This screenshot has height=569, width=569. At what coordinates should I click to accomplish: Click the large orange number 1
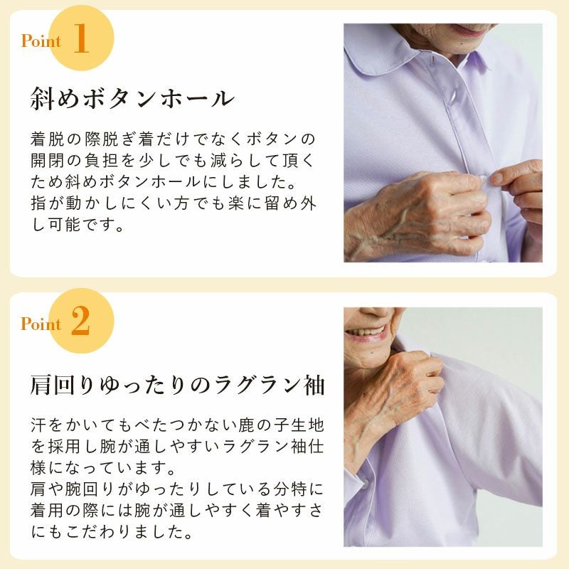81,38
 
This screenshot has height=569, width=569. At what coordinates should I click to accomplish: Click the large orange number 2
80,320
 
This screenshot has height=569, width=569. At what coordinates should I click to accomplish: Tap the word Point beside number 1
41,41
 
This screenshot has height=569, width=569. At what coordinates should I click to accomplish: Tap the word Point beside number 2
41,324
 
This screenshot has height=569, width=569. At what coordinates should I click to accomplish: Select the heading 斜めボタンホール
132,98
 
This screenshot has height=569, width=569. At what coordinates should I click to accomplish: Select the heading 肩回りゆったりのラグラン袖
177,385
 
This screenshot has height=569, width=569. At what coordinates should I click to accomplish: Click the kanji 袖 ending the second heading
314,385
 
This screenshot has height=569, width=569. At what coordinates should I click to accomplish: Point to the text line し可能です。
78,225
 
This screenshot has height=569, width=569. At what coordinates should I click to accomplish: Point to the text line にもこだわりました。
112,531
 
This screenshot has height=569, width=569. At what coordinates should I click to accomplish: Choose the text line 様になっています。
103,468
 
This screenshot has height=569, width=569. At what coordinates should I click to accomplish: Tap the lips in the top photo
467,29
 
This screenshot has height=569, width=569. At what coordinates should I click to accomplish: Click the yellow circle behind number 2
82,321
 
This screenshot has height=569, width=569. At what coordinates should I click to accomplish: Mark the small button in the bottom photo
364,484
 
